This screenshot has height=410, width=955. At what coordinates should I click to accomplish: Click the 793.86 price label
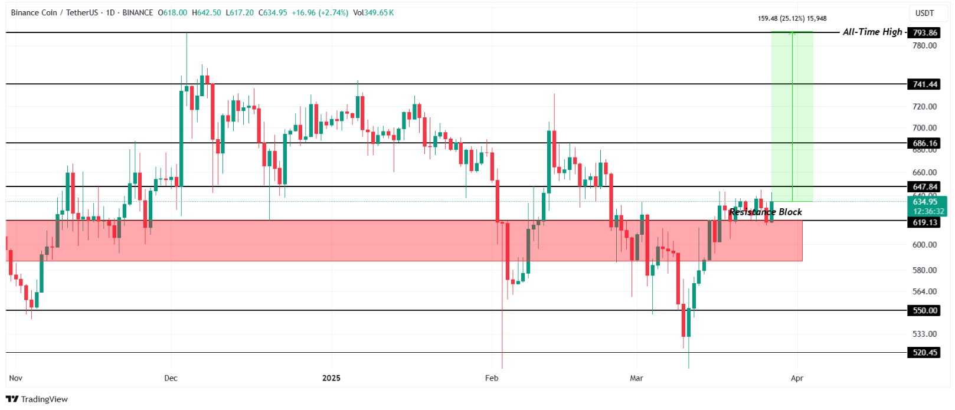pyautogui.click(x=924, y=33)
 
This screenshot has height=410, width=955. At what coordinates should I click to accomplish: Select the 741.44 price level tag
pyautogui.click(x=924, y=84)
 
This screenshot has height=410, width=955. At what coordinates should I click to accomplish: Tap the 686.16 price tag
pyautogui.click(x=924, y=143)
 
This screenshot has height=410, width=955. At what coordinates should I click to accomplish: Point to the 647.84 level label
pyautogui.click(x=924, y=187)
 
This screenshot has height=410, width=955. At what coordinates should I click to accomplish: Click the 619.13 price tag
pyautogui.click(x=924, y=222)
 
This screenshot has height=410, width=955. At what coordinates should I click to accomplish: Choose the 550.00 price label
pyautogui.click(x=924, y=310)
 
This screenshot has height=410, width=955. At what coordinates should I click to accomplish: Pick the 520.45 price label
pyautogui.click(x=924, y=353)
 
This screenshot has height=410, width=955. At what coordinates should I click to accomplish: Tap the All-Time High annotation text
pyautogui.click(x=872, y=32)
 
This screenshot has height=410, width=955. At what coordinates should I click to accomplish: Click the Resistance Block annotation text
pyautogui.click(x=765, y=212)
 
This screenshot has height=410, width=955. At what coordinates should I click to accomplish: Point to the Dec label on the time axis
pyautogui.click(x=171, y=378)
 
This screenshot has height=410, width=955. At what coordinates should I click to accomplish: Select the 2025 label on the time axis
pyautogui.click(x=331, y=378)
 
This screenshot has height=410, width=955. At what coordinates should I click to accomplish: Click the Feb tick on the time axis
pyautogui.click(x=491, y=378)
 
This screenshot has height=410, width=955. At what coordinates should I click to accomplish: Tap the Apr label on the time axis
pyautogui.click(x=797, y=378)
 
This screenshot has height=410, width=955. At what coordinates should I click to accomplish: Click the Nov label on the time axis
pyautogui.click(x=16, y=378)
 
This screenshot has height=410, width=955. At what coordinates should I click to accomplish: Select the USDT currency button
pyautogui.click(x=924, y=13)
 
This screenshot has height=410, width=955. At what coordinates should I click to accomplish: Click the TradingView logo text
pyautogui.click(x=44, y=399)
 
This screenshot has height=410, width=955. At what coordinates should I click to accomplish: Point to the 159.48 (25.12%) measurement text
pyautogui.click(x=792, y=18)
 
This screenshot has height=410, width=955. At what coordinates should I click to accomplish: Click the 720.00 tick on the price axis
pyautogui.click(x=924, y=107)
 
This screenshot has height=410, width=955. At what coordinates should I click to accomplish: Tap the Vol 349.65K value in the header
pyautogui.click(x=374, y=12)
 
